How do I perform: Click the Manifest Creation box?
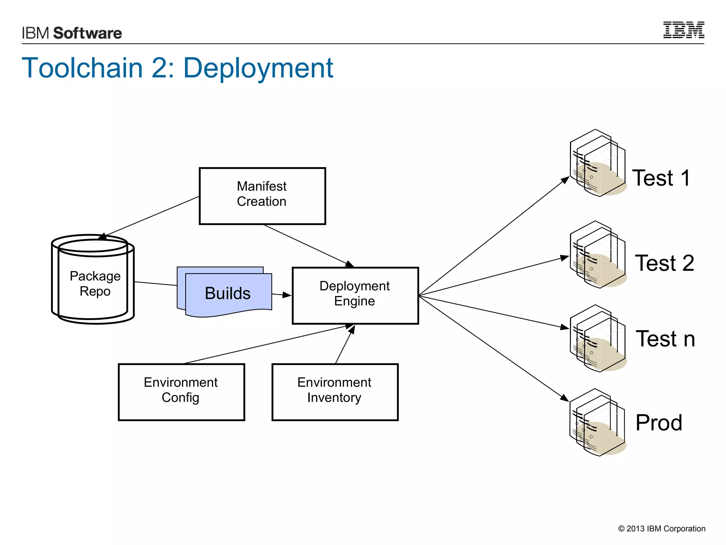(262, 196)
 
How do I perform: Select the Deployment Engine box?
(355, 295)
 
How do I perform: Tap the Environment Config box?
(181, 392)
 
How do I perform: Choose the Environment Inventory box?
(335, 392)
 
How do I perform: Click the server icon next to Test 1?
(598, 164)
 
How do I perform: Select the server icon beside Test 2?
(598, 255)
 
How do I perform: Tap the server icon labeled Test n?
(598, 339)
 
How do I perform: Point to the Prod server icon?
(598, 423)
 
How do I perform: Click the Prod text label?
(659, 423)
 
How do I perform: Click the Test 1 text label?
(661, 178)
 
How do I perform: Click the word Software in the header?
(88, 33)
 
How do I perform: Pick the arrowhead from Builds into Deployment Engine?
(286, 295)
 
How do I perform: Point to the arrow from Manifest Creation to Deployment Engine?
(308, 246)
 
